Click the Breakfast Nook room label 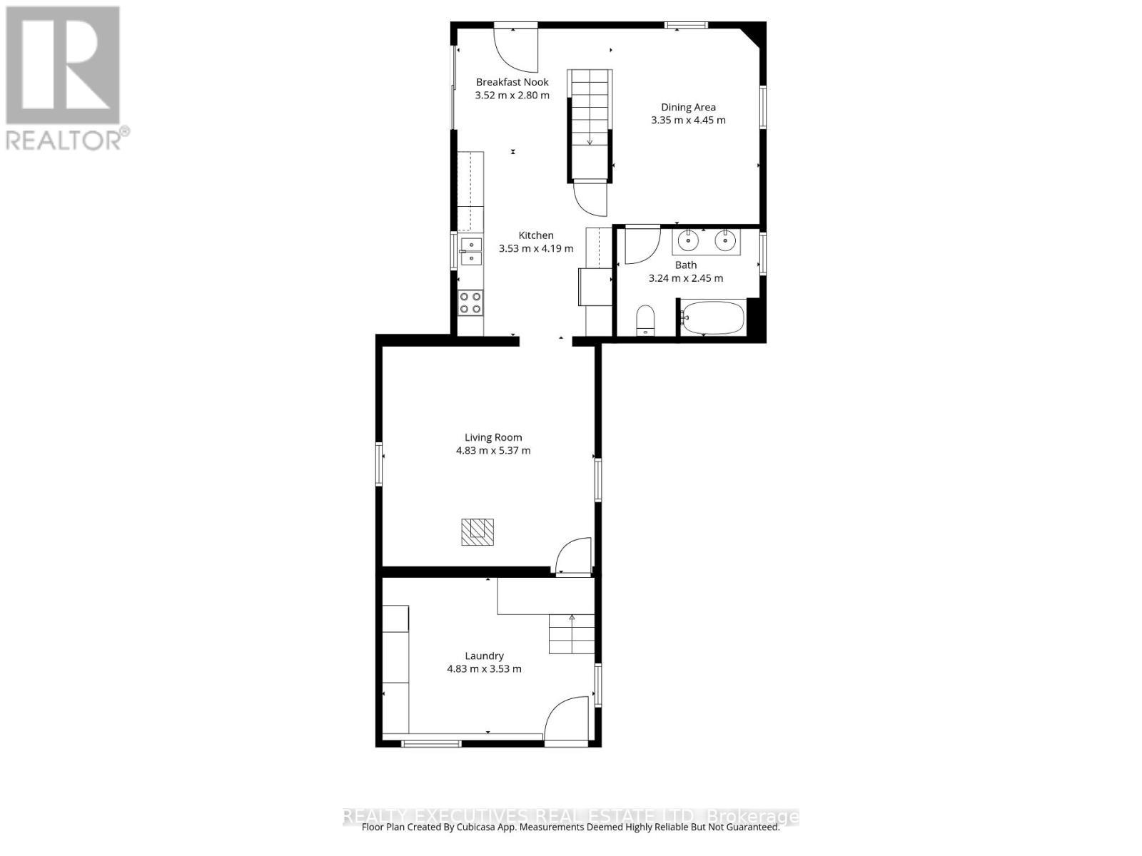[x=512, y=82]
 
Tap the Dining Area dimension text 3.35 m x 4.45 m [x=688, y=121]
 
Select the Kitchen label [x=536, y=235]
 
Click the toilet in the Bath [x=645, y=319]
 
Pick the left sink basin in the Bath [x=687, y=241]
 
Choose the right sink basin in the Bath [x=725, y=241]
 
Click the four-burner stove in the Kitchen [x=470, y=302]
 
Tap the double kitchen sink [x=470, y=252]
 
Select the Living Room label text [x=493, y=437]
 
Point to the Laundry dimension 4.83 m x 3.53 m [x=484, y=669]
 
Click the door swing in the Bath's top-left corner [x=641, y=244]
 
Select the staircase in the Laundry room [x=572, y=633]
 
